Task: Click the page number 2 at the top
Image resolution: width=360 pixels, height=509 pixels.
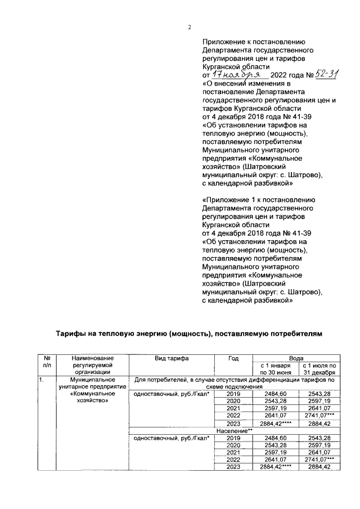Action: click(190, 26)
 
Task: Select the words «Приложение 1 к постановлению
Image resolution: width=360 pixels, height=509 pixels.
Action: click(261, 199)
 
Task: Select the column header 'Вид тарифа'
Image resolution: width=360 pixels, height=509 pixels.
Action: click(172, 358)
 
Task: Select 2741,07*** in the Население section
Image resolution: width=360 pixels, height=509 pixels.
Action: click(319, 459)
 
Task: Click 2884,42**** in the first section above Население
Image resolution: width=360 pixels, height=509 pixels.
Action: click(274, 423)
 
